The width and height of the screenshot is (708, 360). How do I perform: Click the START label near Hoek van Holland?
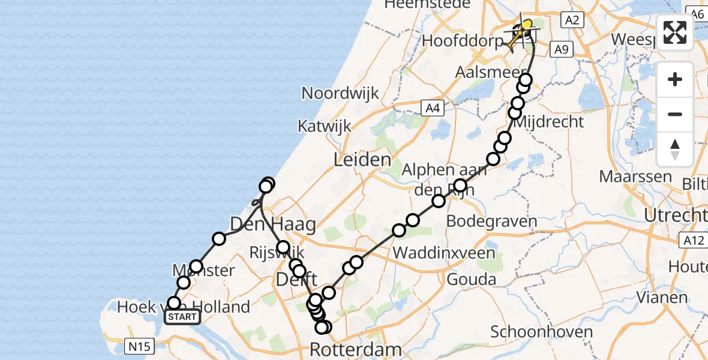pyautogui.click(x=182, y=317)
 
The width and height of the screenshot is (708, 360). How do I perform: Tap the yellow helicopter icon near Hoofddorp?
pyautogui.click(x=520, y=34)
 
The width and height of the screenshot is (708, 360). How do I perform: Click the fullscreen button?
pyautogui.click(x=675, y=32)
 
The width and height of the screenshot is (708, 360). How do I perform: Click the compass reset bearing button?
pyautogui.click(x=675, y=149)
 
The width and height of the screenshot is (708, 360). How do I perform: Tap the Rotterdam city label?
pyautogui.click(x=356, y=349)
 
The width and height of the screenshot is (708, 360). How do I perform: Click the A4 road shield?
pyautogui.click(x=432, y=108)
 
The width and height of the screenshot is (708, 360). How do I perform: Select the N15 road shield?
pyautogui.click(x=140, y=346)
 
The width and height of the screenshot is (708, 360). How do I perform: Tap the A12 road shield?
pyautogui.click(x=692, y=241)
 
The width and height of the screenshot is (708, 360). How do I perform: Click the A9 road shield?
pyautogui.click(x=561, y=49)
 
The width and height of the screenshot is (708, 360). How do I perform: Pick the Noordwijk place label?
pyautogui.click(x=340, y=93)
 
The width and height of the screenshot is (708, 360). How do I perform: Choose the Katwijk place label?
pyautogui.click(x=324, y=127)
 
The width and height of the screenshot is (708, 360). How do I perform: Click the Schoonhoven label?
pyautogui.click(x=534, y=332)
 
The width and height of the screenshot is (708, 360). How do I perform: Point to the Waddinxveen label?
pyautogui.click(x=444, y=252)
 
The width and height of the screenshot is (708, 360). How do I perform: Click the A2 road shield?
pyautogui.click(x=572, y=20)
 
